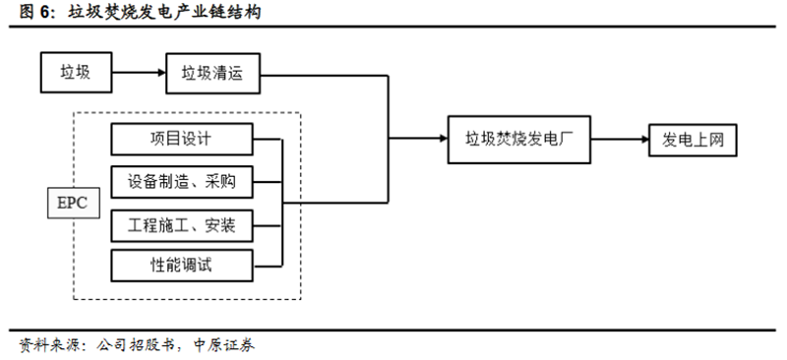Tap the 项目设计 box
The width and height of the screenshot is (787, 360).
(x=182, y=139)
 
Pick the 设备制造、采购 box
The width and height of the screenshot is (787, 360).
(x=182, y=182)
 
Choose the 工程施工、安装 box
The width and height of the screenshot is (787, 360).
(x=182, y=224)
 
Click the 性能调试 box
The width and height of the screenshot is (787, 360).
(x=182, y=264)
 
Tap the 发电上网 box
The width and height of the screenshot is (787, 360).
(x=693, y=139)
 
